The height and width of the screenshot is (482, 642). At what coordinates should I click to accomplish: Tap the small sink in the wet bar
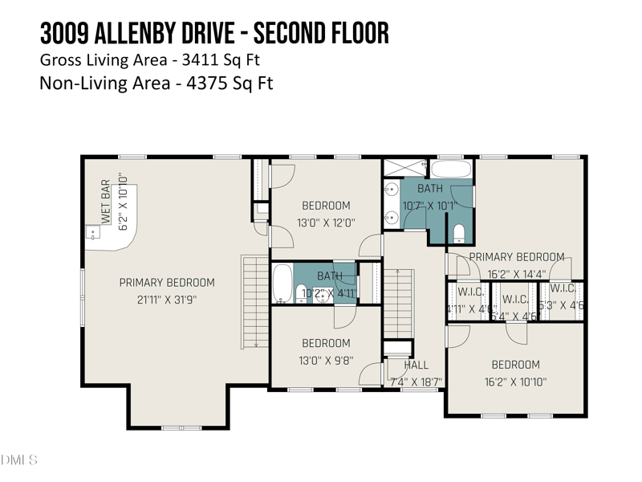(x=94, y=235)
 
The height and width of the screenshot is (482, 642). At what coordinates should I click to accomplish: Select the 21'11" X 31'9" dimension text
(x=167, y=299)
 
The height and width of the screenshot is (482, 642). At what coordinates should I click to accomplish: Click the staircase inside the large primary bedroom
(x=254, y=302)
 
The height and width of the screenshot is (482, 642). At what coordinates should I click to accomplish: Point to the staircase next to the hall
(x=397, y=304)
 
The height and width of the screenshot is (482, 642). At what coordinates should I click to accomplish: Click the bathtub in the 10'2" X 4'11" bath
(x=282, y=283)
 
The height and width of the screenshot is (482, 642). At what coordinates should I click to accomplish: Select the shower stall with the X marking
(x=404, y=168)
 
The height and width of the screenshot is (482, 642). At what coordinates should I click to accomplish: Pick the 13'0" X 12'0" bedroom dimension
(x=326, y=223)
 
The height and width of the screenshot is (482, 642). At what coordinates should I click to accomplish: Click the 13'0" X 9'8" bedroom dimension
(x=326, y=361)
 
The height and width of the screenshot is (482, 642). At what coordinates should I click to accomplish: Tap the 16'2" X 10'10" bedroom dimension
(x=515, y=382)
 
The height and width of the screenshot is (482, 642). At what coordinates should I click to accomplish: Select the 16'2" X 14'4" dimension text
(x=516, y=273)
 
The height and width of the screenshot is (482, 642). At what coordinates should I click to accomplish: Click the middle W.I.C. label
(x=514, y=300)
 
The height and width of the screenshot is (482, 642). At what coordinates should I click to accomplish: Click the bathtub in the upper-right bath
(x=451, y=169)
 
